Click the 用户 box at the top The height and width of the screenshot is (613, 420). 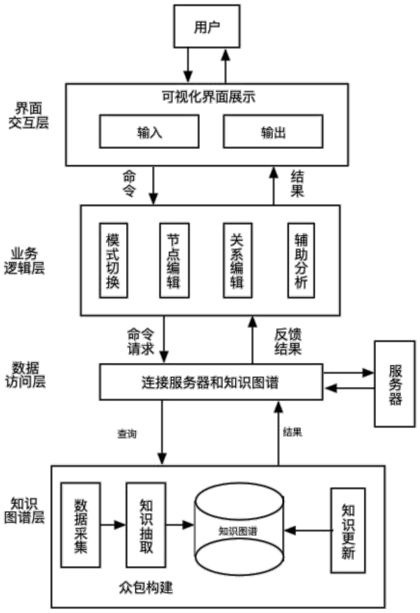[207, 26]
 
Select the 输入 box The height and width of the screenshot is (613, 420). [149, 132]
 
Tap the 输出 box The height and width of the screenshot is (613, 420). [273, 132]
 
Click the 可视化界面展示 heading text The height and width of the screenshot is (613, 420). [209, 97]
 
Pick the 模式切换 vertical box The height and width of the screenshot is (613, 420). [113, 260]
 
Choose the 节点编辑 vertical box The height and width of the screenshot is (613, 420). [174, 260]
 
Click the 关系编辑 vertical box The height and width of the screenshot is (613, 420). [237, 260]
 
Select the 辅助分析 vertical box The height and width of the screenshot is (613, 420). [301, 260]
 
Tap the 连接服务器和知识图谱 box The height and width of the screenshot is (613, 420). [211, 382]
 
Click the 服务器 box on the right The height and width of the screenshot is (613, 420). [395, 384]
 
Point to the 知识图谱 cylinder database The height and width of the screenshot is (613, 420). [239, 531]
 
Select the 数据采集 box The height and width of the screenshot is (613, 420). [80, 525]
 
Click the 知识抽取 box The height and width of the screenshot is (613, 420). [146, 525]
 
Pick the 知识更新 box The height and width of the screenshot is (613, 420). [348, 530]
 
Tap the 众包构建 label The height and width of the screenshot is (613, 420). [146, 588]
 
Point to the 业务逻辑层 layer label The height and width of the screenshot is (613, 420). [24, 261]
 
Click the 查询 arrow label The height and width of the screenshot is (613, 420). [127, 434]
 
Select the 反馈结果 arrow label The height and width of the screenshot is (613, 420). [288, 342]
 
